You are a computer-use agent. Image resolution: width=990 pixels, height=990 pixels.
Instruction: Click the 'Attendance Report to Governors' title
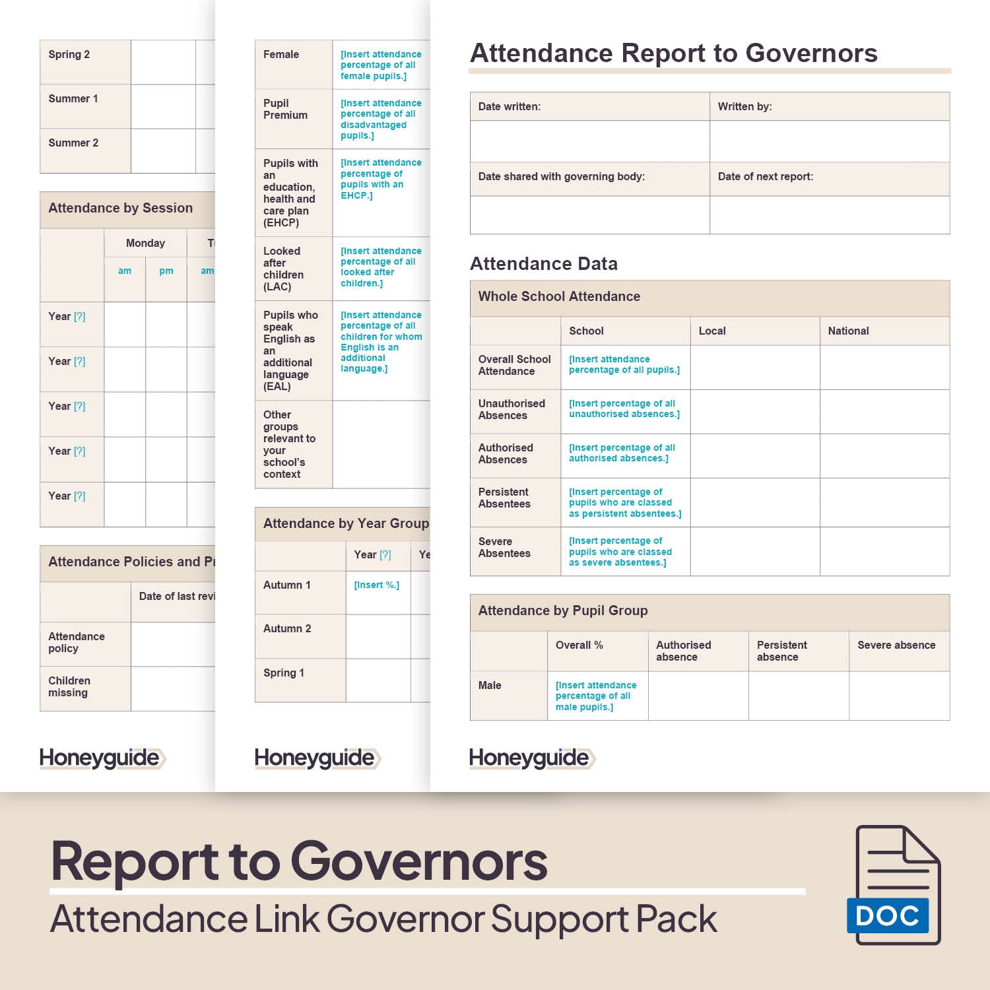click(x=673, y=53)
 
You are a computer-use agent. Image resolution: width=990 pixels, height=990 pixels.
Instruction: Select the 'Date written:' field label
click(x=509, y=106)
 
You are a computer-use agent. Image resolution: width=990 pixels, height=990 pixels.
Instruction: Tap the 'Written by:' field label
click(x=744, y=106)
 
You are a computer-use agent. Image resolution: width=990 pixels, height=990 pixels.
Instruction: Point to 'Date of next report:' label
click(x=765, y=176)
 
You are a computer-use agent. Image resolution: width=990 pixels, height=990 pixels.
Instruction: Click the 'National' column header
click(x=848, y=331)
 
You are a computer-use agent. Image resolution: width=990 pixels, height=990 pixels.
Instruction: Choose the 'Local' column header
click(x=711, y=331)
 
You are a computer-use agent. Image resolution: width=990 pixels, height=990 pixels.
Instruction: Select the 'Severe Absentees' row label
click(x=504, y=547)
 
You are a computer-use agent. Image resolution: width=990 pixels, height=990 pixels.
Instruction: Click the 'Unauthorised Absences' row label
click(x=511, y=409)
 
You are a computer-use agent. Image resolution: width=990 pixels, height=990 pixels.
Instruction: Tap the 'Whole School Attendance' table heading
click(x=559, y=296)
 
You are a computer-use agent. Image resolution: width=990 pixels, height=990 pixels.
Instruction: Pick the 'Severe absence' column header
click(x=896, y=645)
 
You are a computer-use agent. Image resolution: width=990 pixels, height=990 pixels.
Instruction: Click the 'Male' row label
click(x=490, y=685)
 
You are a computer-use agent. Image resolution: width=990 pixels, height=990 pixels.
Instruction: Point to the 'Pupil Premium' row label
click(x=285, y=109)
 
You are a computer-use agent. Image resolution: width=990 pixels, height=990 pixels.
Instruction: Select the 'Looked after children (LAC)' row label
click(x=283, y=269)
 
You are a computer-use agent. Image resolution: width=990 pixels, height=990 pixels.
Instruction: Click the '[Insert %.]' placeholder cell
click(x=376, y=585)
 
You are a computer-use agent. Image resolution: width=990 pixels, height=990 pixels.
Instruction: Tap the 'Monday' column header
click(x=145, y=243)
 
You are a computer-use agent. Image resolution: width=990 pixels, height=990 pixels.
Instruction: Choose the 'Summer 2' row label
click(x=73, y=143)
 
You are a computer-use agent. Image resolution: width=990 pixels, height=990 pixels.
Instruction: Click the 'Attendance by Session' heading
click(x=120, y=208)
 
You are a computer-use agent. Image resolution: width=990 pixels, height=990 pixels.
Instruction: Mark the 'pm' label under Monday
click(x=166, y=271)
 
